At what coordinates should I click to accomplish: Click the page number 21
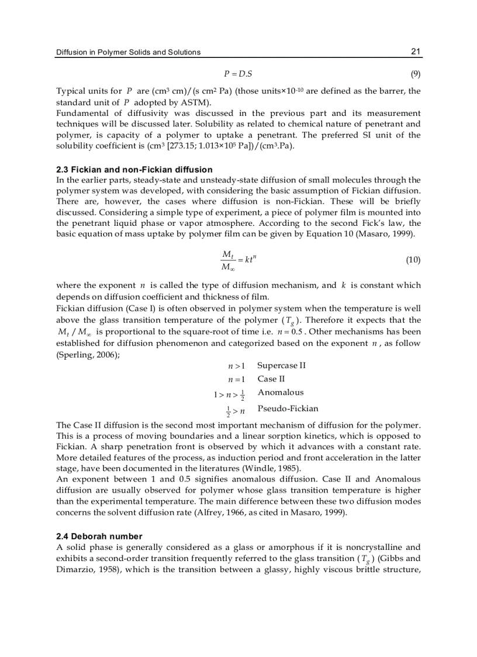(x=415, y=51)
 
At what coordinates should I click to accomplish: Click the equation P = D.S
(x=238, y=74)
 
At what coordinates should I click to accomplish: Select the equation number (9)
(x=414, y=74)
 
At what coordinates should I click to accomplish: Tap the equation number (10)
(x=413, y=260)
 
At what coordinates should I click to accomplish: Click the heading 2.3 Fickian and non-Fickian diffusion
(x=134, y=170)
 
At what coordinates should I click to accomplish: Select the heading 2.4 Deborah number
(x=99, y=536)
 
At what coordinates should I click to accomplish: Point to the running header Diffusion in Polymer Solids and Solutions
(x=128, y=52)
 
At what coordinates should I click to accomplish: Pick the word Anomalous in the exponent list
(x=281, y=393)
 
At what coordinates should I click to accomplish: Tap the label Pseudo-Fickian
(x=288, y=408)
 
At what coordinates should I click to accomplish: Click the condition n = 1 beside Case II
(x=236, y=379)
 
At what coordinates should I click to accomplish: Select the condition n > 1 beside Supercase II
(x=236, y=366)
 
